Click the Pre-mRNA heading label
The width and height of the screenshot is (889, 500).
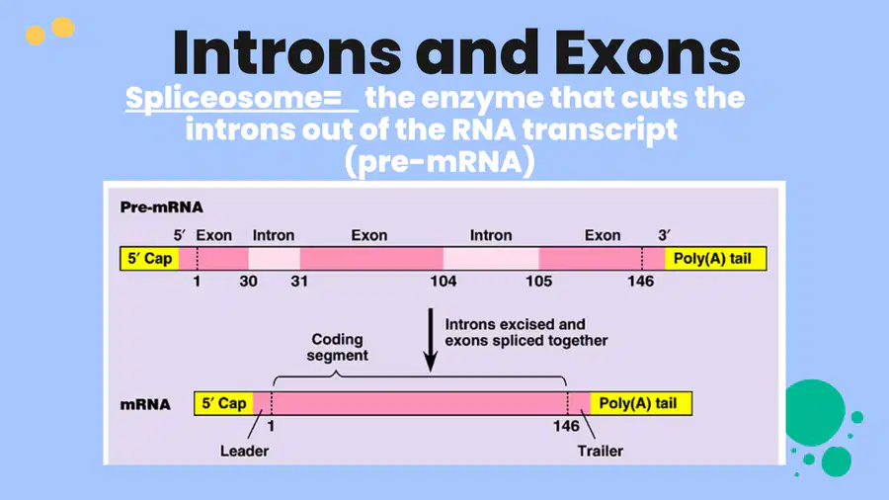[162, 208]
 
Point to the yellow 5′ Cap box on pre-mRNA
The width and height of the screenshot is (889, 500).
[150, 259]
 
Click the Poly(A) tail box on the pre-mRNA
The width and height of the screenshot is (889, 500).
[715, 259]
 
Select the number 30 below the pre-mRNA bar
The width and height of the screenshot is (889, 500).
[248, 282]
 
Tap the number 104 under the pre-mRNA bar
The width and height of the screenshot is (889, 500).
[444, 282]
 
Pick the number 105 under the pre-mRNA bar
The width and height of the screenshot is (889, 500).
[538, 282]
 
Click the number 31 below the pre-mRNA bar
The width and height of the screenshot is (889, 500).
[299, 282]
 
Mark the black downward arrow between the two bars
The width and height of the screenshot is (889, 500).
[431, 340]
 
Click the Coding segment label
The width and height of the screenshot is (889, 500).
[338, 348]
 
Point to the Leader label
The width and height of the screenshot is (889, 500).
[244, 452]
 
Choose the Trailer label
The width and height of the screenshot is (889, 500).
[601, 452]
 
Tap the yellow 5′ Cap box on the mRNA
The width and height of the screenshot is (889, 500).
[224, 403]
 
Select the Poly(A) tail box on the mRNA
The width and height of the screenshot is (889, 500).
[641, 403]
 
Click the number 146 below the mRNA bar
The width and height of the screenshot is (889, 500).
[566, 426]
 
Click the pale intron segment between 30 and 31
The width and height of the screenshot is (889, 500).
[275, 259]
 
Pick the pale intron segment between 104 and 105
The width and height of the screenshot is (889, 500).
[491, 259]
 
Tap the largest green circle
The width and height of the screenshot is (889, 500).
[815, 412]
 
